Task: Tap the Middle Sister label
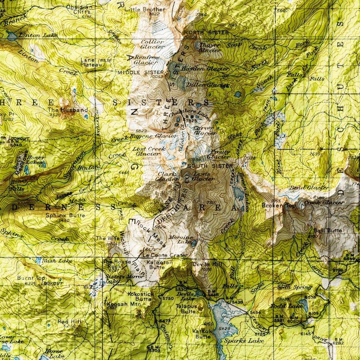point(141,72)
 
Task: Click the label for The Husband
point(68,110)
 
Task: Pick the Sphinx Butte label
point(65,215)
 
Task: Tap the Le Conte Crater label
point(159,255)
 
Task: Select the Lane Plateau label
point(91,63)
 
